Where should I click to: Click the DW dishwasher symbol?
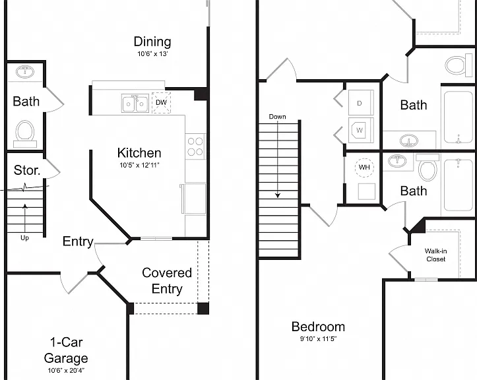(161, 102)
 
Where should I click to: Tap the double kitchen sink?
(135, 104)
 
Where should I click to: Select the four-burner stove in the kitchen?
(195, 146)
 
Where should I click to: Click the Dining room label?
(152, 42)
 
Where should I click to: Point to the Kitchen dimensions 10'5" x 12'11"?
(139, 165)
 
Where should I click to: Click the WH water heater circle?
(364, 167)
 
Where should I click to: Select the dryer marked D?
(361, 103)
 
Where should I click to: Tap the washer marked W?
(361, 130)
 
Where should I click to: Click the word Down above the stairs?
(278, 117)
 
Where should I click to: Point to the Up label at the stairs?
(24, 238)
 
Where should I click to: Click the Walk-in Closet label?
(435, 255)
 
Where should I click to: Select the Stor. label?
(27, 170)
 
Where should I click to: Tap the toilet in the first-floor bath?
(25, 134)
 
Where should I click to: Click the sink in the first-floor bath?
(25, 72)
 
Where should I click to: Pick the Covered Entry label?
(167, 280)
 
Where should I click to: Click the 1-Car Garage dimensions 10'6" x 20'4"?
(66, 371)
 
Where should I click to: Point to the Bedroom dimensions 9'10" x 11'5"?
(318, 338)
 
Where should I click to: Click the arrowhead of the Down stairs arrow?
(278, 195)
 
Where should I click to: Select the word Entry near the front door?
(78, 241)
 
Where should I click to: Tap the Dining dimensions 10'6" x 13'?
(152, 54)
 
